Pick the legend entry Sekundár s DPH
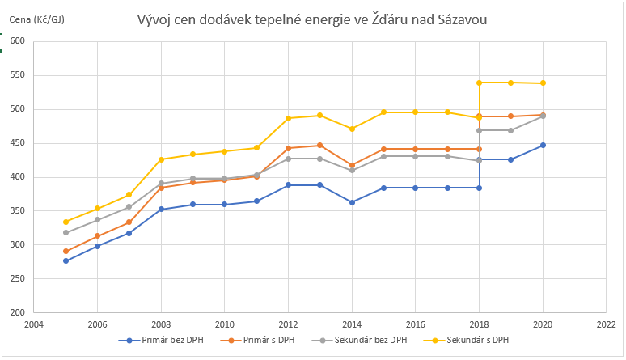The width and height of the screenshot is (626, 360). pyautogui.click(x=472, y=341)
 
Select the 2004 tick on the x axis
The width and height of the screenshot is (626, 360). pyautogui.click(x=34, y=324)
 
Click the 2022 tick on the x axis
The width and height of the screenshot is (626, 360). pyautogui.click(x=606, y=324)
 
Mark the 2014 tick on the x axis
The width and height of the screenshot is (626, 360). pyautogui.click(x=352, y=324)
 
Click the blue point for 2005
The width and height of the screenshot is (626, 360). pyautogui.click(x=66, y=260)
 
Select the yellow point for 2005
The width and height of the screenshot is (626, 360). pyautogui.click(x=66, y=222)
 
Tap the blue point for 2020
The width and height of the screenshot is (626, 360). pyautogui.click(x=543, y=145)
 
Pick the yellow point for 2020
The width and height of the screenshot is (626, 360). pyautogui.click(x=543, y=83)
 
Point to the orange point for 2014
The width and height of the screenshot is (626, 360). pyautogui.click(x=352, y=165)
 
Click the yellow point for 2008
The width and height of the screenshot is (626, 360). pyautogui.click(x=161, y=159)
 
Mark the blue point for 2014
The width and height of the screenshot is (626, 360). pyautogui.click(x=352, y=202)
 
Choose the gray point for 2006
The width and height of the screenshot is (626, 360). pyautogui.click(x=97, y=219)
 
